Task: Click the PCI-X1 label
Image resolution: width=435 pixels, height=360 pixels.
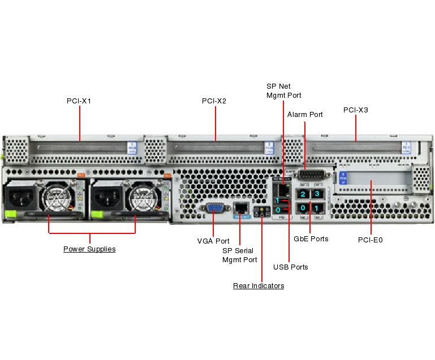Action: click(79, 101)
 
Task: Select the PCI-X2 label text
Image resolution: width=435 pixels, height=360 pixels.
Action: click(214, 101)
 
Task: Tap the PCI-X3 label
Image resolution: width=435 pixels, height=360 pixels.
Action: click(355, 110)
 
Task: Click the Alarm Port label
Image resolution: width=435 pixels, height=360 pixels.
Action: click(305, 115)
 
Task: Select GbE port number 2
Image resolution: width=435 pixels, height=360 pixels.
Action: click(303, 194)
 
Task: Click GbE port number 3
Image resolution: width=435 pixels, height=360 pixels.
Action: click(317, 194)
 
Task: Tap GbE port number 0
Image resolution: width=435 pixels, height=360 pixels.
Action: click(303, 209)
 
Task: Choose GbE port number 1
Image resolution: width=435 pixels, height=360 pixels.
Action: click(317, 209)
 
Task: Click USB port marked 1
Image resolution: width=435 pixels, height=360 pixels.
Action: click(281, 201)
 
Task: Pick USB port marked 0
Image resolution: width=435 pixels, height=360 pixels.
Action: click(281, 210)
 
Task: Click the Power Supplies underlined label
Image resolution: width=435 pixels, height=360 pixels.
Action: click(89, 249)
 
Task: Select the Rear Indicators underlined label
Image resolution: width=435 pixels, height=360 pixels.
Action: click(259, 286)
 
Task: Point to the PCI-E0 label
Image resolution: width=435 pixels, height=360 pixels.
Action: click(371, 240)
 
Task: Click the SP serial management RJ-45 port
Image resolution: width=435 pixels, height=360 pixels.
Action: click(242, 209)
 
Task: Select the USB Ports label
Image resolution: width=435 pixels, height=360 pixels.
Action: click(291, 267)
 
